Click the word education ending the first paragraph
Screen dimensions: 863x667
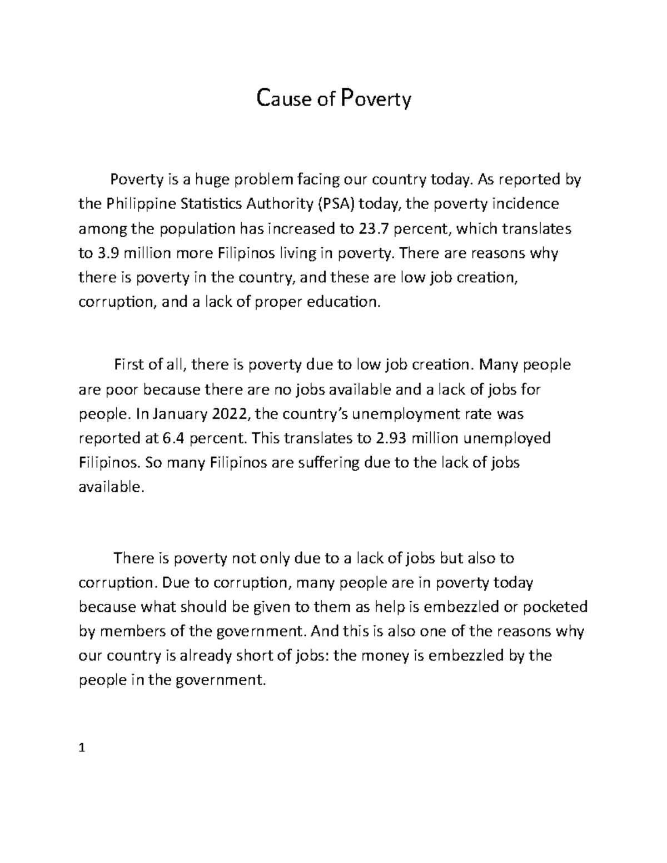(x=345, y=302)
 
